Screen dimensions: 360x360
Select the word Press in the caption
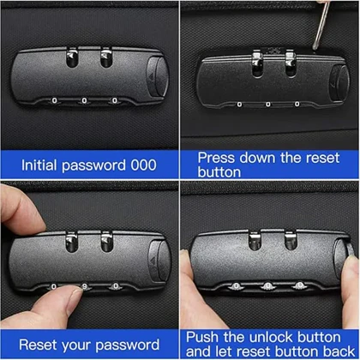tap(218, 158)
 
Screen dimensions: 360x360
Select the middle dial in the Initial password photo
tap(85, 99)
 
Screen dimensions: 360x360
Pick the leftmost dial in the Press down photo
tap(233, 104)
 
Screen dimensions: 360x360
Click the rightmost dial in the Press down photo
tap(297, 104)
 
